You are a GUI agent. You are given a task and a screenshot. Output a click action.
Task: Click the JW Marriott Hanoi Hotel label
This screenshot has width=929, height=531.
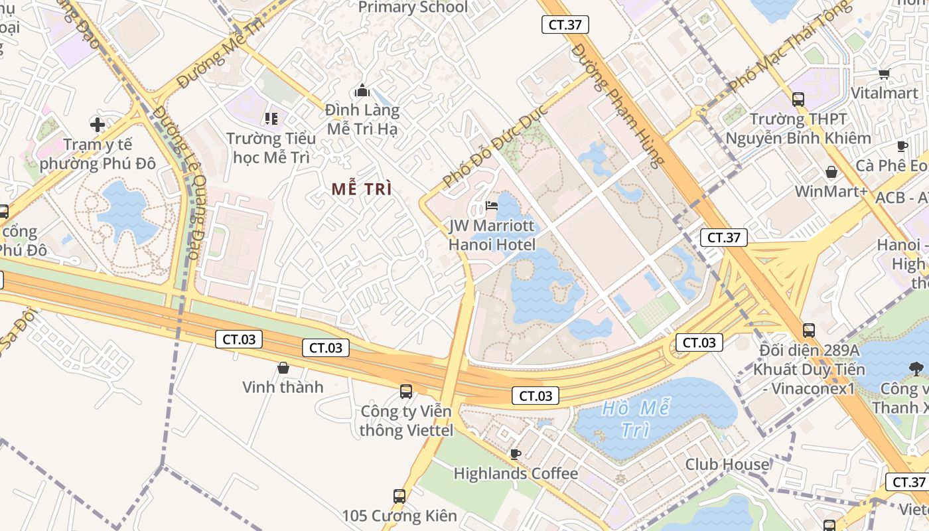click(x=492, y=235)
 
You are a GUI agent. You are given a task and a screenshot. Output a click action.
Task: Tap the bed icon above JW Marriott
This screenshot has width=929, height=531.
click(x=492, y=205)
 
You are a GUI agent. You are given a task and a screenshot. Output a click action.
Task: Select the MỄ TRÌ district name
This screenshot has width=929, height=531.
click(x=362, y=189)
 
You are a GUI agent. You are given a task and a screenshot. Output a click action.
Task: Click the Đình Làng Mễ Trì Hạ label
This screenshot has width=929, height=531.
click(x=362, y=119)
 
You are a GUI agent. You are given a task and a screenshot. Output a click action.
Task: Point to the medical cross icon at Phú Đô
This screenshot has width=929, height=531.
click(x=98, y=124)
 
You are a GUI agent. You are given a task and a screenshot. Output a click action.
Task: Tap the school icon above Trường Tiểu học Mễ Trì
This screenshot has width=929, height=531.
click(x=271, y=119)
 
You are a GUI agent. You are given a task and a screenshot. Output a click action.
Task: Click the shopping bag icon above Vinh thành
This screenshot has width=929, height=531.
click(x=283, y=368)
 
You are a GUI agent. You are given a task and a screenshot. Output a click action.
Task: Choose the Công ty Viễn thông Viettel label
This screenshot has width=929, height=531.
click(x=406, y=421)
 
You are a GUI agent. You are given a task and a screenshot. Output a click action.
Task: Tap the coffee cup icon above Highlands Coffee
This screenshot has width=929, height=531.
click(x=515, y=454)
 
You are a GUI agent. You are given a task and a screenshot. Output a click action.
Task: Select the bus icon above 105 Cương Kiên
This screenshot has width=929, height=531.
click(x=399, y=496)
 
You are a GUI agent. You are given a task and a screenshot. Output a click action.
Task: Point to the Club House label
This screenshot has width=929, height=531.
click(x=727, y=464)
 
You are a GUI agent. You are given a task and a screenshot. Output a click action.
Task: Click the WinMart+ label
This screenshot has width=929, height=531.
click(x=831, y=191)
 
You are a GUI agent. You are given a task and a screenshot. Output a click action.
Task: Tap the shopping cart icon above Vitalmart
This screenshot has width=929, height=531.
click(x=884, y=74)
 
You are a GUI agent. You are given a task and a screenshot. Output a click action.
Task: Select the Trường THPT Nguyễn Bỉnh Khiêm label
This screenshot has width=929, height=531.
click(x=798, y=129)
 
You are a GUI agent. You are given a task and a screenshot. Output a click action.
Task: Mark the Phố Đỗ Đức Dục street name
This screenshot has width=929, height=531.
click(x=495, y=146)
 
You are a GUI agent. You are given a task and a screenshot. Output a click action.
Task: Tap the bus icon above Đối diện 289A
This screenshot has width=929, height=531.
click(x=809, y=330)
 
